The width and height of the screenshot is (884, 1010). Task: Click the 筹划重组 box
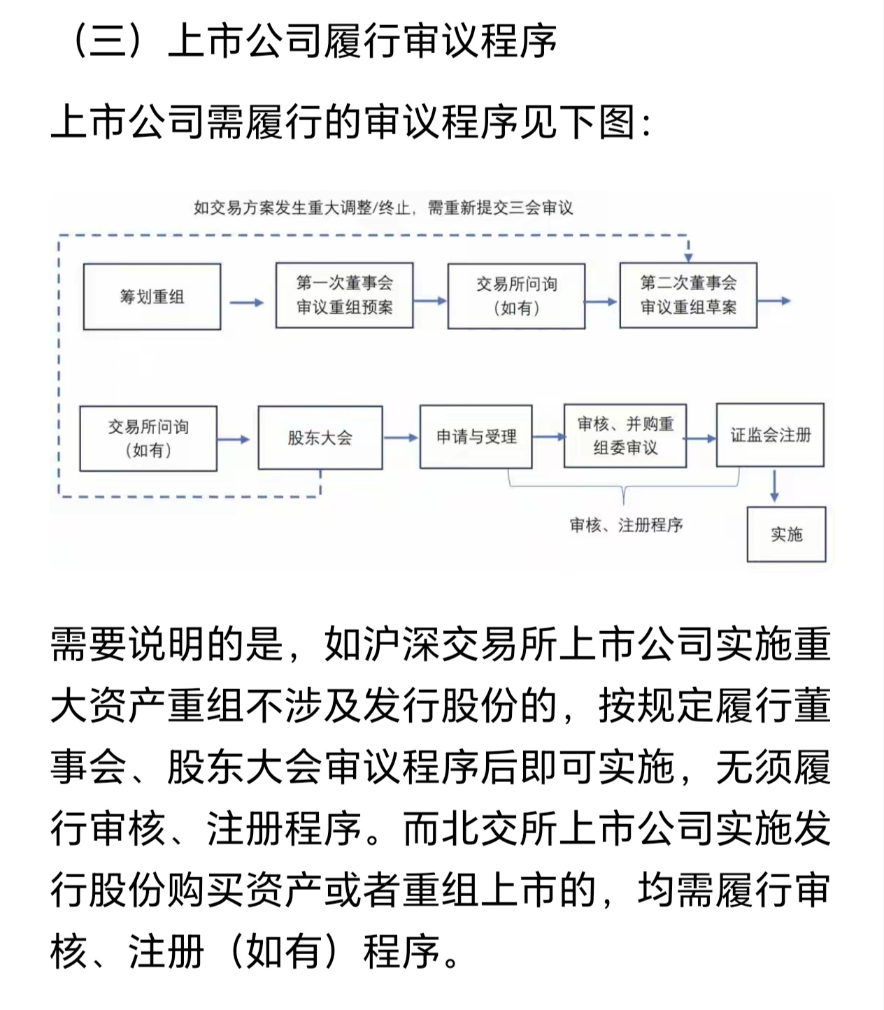(152, 296)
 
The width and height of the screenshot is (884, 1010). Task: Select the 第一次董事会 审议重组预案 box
(344, 295)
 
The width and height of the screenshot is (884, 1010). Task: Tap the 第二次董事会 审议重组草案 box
(688, 295)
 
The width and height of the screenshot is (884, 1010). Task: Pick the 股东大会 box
(320, 438)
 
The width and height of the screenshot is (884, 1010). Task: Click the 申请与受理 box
(476, 437)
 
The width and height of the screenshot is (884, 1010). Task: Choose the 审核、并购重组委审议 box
(625, 435)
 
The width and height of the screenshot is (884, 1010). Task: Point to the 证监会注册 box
(770, 435)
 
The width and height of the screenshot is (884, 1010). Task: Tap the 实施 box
(786, 535)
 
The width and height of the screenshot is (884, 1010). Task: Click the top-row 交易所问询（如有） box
(516, 296)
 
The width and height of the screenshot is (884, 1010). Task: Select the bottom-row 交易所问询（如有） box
(148, 438)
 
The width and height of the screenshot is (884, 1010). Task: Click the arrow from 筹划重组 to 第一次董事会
(248, 303)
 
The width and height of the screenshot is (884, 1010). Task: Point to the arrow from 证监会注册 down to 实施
(774, 486)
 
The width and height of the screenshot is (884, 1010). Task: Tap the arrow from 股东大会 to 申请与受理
(401, 438)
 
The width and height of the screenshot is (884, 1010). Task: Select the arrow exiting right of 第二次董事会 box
(774, 301)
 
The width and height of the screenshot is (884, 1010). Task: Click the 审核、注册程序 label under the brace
(626, 525)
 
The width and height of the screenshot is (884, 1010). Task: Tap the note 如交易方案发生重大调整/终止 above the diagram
(383, 208)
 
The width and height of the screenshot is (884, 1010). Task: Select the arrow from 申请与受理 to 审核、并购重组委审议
(548, 438)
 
